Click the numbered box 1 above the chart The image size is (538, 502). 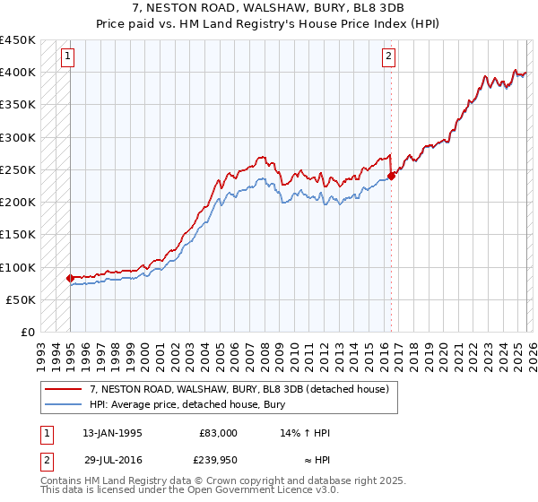tap(67, 57)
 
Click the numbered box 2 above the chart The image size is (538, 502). tap(388, 57)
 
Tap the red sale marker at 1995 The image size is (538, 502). tap(70, 278)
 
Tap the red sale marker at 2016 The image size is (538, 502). tap(391, 176)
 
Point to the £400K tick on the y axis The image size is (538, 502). tap(17, 73)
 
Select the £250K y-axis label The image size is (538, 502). tap(17, 170)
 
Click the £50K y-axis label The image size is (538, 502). tap(21, 300)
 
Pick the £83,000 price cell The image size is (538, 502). tap(218, 433)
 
